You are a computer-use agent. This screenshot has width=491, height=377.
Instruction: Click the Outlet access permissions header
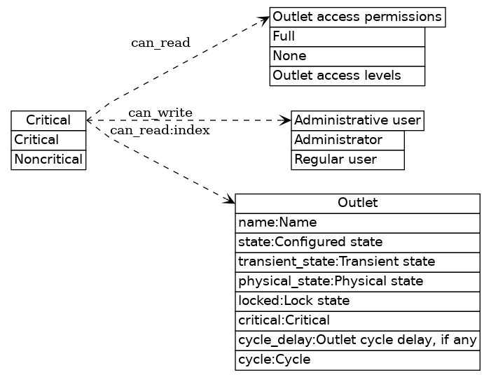[357, 17]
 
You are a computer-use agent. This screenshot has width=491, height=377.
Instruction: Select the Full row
[347, 36]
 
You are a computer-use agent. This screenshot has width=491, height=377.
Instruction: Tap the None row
[347, 56]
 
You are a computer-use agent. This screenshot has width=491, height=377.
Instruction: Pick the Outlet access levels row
[347, 76]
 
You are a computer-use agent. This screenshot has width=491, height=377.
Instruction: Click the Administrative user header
[357, 120]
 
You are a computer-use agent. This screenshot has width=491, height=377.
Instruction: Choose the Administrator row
[348, 140]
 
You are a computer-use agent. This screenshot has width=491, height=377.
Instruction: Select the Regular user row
[348, 159]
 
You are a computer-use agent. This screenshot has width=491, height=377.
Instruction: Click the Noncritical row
[48, 159]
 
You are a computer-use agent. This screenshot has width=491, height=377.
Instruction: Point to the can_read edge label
[160, 43]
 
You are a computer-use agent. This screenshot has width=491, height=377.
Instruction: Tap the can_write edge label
[160, 113]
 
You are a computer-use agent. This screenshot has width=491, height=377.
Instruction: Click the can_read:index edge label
[160, 130]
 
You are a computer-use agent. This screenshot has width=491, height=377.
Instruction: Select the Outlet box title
[357, 203]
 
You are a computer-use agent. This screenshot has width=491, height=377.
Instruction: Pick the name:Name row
[357, 222]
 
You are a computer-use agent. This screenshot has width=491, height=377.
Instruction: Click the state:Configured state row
[357, 242]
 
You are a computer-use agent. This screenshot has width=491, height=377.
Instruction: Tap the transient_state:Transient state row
[357, 262]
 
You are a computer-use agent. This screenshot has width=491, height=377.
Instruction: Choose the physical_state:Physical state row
[357, 281]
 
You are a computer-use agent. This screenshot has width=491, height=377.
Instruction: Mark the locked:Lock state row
[357, 301]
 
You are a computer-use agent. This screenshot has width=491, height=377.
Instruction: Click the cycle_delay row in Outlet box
[357, 340]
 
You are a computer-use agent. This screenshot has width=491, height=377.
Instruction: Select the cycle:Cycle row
[357, 360]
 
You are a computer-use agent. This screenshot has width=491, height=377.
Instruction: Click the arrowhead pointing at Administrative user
[286, 120]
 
